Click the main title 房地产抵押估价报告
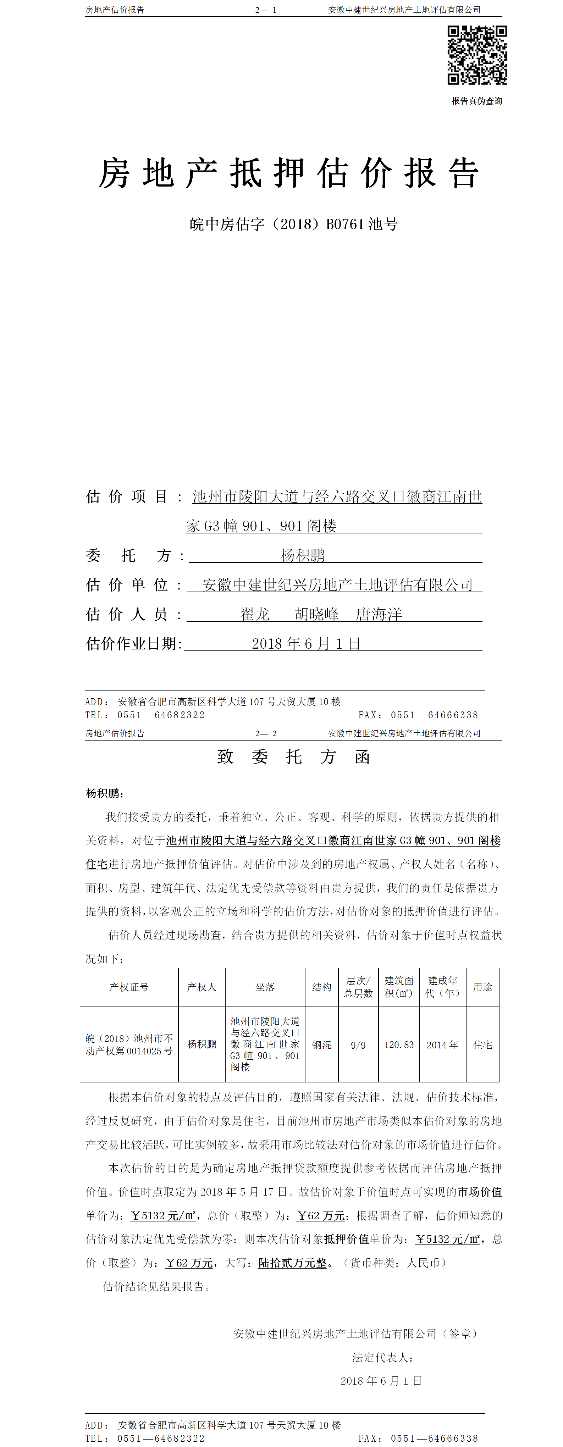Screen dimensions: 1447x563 [289, 173]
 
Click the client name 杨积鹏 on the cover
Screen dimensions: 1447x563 [303, 555]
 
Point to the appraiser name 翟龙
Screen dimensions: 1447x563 [255, 614]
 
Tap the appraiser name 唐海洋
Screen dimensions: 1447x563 [379, 614]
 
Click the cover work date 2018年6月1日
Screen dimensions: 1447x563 [306, 644]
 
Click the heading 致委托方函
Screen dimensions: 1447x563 [293, 756]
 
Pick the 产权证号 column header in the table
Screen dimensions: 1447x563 [129, 987]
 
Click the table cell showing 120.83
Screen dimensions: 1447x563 [399, 1045]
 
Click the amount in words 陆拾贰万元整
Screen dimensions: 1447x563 [292, 1263]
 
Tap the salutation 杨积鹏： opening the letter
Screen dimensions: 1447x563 [105, 793]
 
